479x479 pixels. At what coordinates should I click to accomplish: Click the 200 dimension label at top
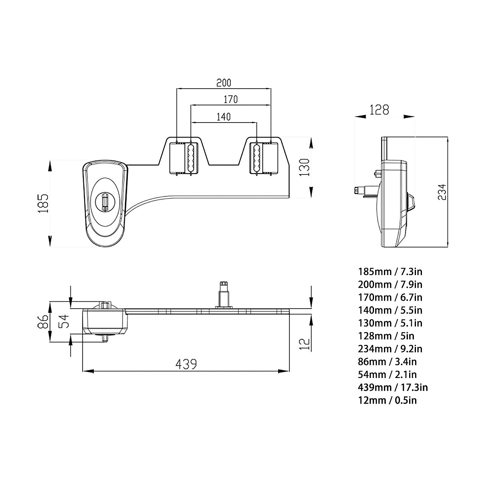224,83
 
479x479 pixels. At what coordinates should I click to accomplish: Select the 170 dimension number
230,99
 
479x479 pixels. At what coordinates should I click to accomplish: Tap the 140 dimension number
223,117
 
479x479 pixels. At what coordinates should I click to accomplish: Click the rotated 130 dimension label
305,168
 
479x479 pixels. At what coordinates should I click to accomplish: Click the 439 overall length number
186,364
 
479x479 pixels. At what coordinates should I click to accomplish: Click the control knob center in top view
105,202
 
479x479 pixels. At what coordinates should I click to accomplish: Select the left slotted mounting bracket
190,158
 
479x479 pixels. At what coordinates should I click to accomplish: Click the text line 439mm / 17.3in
393,387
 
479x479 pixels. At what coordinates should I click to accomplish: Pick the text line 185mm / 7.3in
390,272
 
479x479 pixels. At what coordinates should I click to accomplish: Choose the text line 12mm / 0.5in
387,400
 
